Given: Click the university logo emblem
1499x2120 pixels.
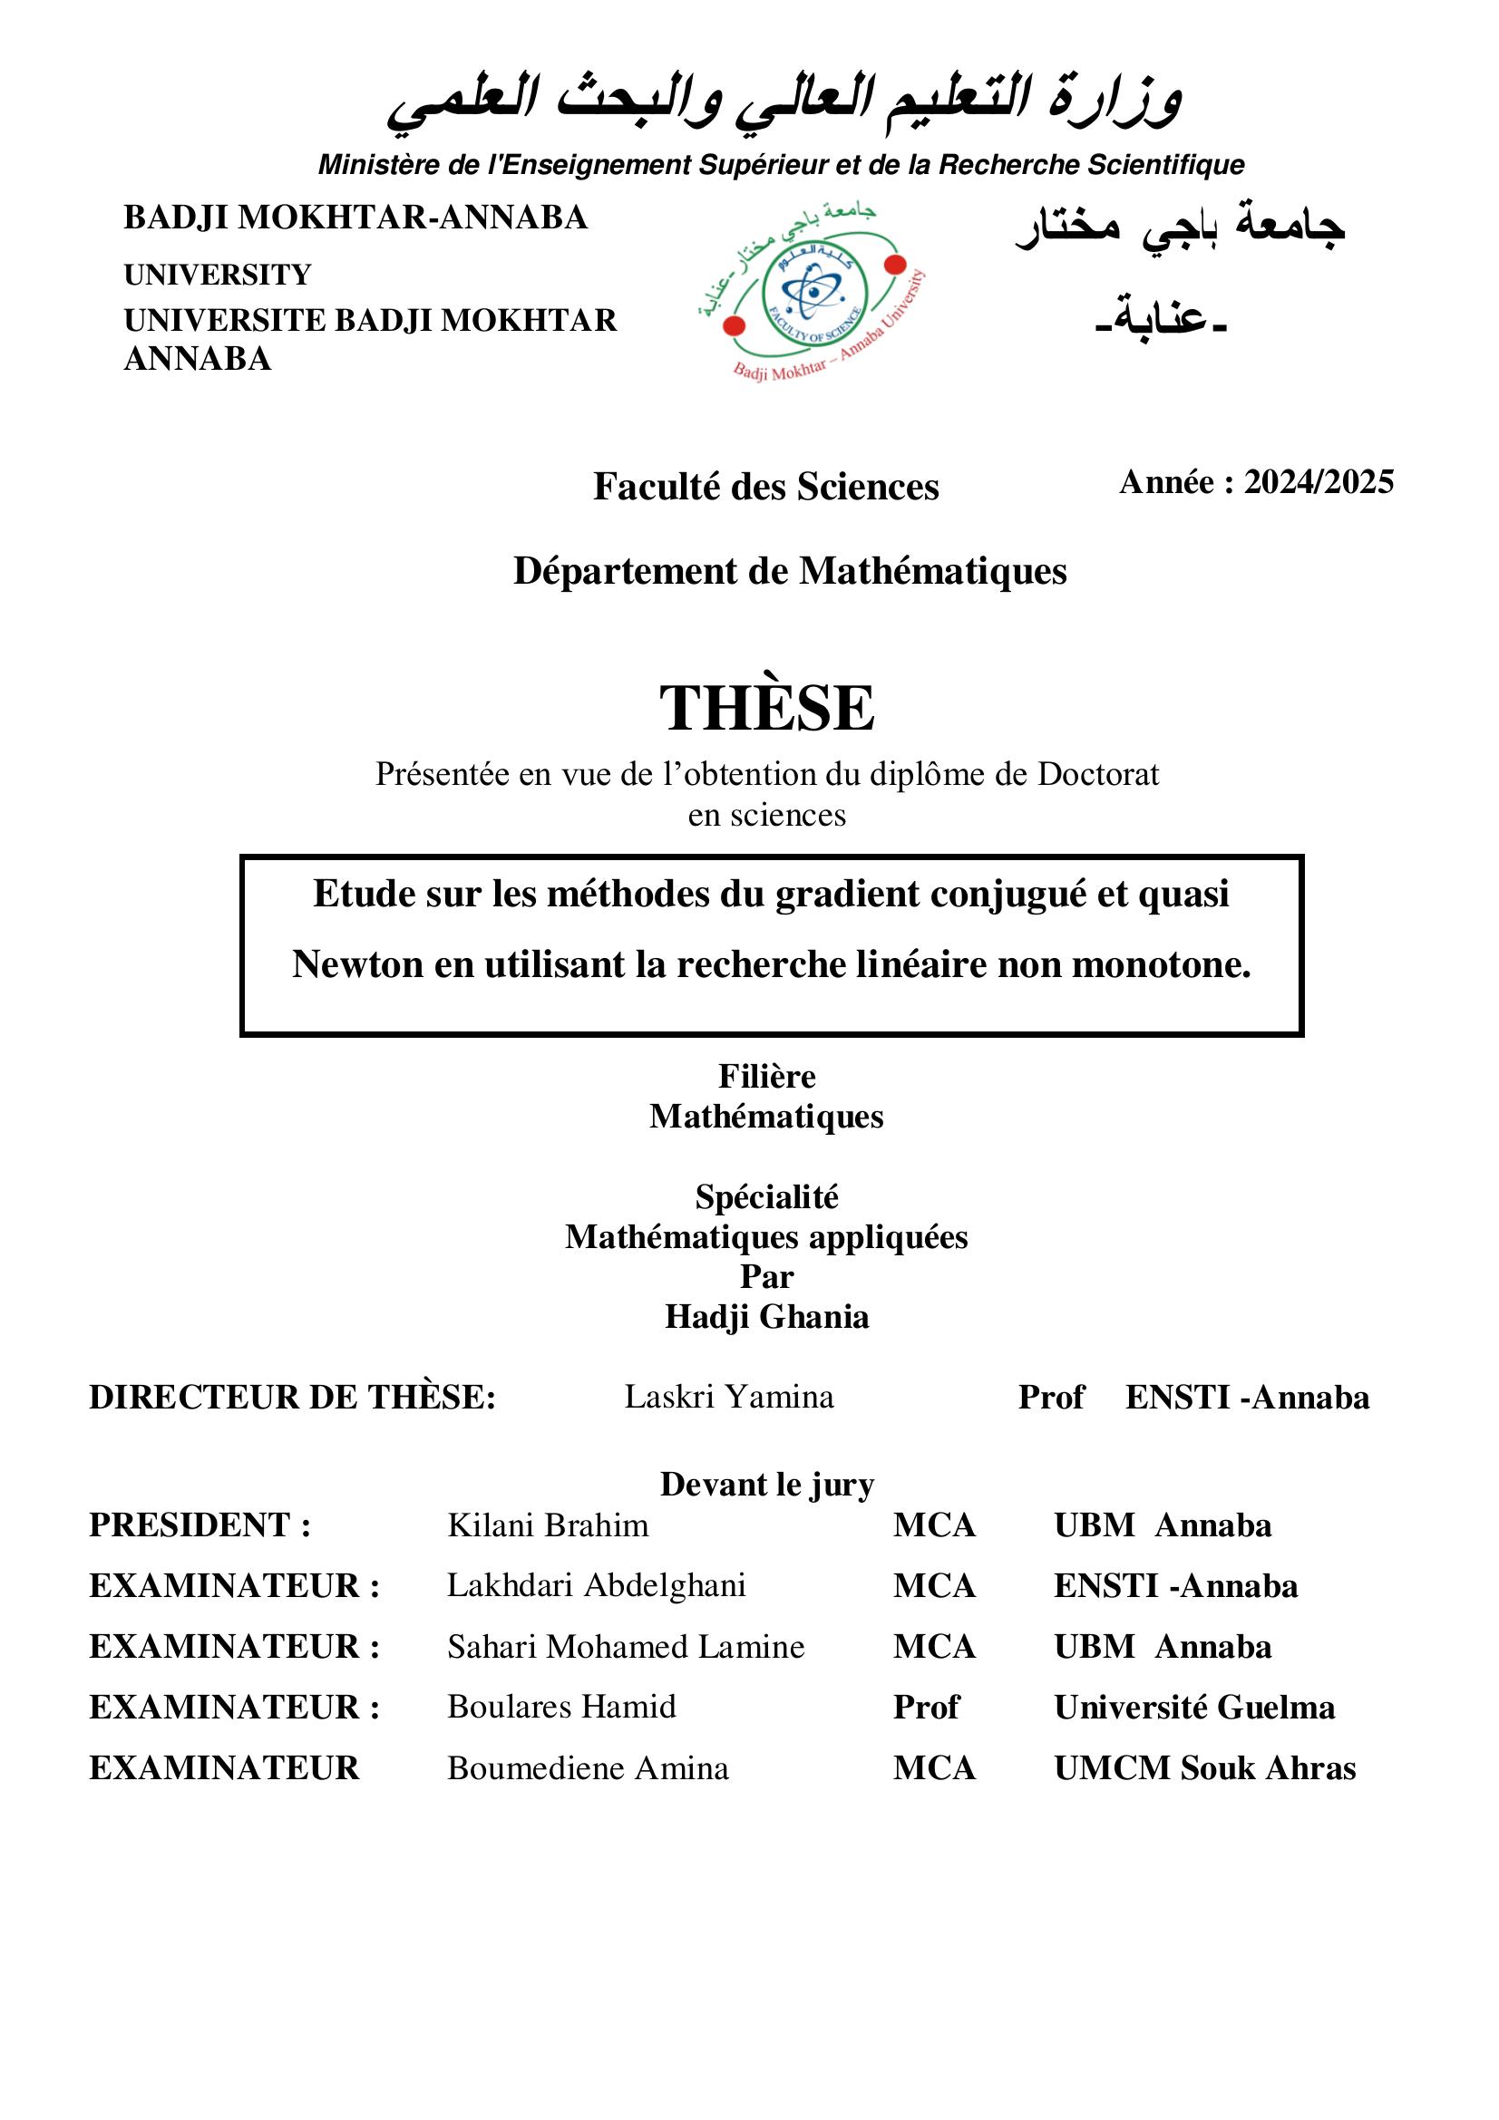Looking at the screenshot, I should (x=812, y=294).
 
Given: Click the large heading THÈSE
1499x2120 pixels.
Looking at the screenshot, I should (x=766, y=708).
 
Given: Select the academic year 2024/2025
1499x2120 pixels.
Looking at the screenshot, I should (x=1318, y=482).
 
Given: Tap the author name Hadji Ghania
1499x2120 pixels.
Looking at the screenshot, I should (x=766, y=1317).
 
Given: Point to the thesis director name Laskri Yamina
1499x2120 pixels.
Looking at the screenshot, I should (x=729, y=1398).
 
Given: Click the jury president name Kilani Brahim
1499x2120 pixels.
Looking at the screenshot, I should (x=548, y=1525).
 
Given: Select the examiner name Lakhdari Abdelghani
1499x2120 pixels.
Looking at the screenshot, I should (x=596, y=1586).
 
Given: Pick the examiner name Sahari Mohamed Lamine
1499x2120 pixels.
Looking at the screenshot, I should (x=626, y=1647).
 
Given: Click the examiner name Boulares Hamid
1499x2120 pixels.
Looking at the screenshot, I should (x=561, y=1708).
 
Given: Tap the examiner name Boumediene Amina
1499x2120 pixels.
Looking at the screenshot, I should (x=588, y=1768).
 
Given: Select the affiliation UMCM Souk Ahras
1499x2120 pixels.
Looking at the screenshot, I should (x=1204, y=1768).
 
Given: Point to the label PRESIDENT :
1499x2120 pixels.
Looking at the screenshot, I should (x=200, y=1525).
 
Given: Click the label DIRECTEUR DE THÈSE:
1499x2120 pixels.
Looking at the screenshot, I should (x=292, y=1398).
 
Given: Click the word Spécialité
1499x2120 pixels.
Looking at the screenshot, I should (x=766, y=1197).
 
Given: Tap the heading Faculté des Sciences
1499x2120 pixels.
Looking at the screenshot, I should (x=765, y=488).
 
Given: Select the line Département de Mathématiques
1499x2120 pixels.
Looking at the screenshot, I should (x=790, y=572).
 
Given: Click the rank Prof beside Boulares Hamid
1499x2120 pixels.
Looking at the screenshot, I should (x=926, y=1708).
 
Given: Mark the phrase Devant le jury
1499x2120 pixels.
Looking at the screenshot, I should (x=766, y=1485).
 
